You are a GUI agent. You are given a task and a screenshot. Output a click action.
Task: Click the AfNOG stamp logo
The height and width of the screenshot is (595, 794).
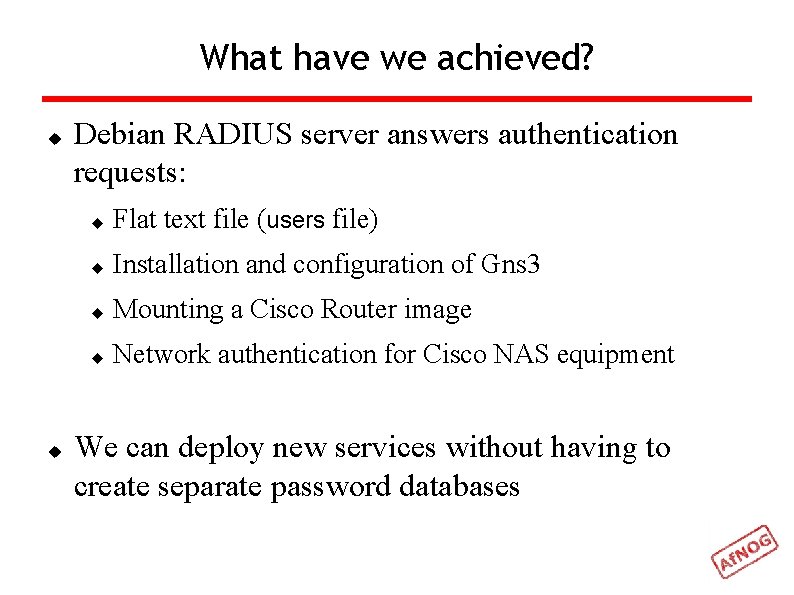745,551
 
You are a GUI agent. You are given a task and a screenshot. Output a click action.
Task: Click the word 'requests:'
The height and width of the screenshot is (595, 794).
129,173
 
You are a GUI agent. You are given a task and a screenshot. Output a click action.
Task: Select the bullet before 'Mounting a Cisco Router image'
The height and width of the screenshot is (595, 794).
97,312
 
